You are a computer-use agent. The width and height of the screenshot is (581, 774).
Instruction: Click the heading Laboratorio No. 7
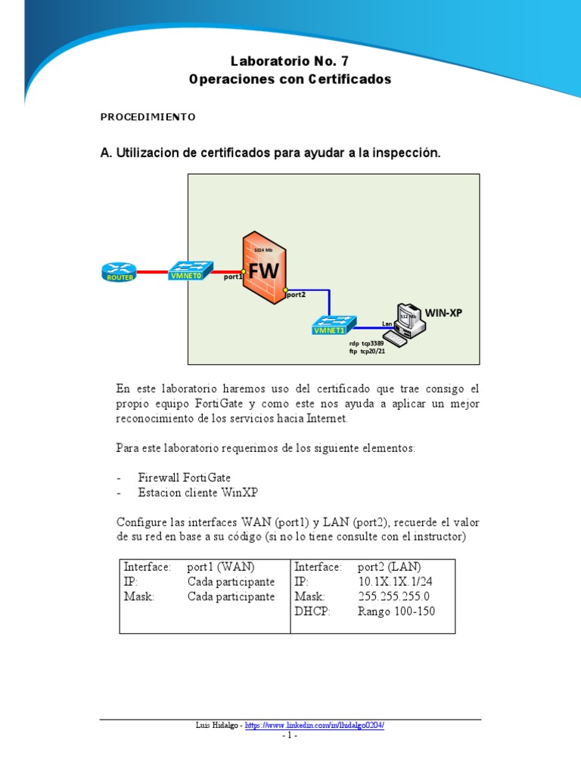(x=290, y=61)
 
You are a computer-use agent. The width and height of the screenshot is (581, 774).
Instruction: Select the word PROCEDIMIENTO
(x=148, y=117)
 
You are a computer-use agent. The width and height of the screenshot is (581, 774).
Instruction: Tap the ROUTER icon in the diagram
(x=118, y=272)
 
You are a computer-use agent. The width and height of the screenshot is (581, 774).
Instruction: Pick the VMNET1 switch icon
(x=331, y=325)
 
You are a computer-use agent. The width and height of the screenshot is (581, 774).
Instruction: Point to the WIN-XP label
(x=443, y=312)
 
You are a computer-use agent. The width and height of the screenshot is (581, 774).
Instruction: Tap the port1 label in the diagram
(x=232, y=277)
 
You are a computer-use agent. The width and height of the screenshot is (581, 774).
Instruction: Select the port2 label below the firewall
(x=295, y=296)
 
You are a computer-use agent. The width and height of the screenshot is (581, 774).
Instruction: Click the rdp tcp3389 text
(x=366, y=343)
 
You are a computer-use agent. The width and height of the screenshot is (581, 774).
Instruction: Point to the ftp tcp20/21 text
(x=367, y=351)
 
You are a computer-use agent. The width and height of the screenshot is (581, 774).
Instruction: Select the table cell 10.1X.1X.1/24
(x=396, y=582)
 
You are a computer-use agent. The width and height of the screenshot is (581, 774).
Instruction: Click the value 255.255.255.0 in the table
(x=393, y=597)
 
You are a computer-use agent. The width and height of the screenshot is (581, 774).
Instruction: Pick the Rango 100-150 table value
(x=396, y=611)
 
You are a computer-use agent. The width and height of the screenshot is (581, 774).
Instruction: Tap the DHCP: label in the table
(x=312, y=611)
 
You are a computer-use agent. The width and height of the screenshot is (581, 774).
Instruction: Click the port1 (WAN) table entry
(x=221, y=567)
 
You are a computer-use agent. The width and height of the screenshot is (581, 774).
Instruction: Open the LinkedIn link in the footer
(x=315, y=726)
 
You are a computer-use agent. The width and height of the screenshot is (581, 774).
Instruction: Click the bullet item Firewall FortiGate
(x=185, y=478)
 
